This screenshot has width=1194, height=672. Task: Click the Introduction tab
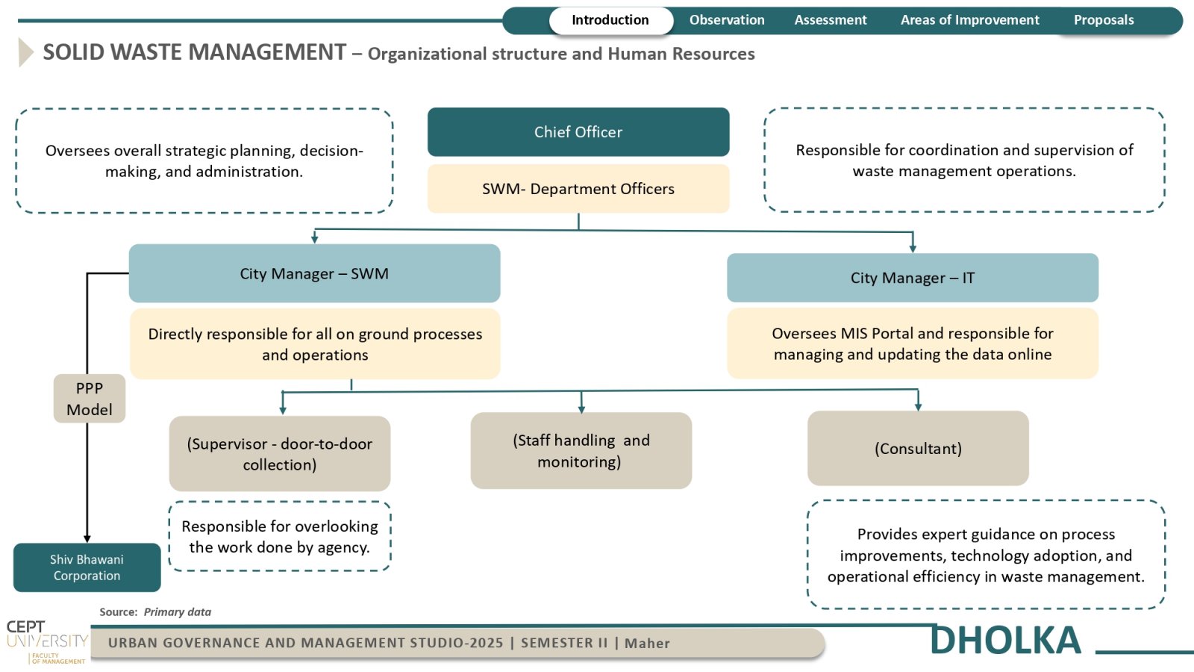click(611, 20)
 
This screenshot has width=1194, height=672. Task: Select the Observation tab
click(727, 20)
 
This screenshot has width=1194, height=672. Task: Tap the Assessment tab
click(831, 20)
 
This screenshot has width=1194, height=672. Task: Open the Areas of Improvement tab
click(969, 20)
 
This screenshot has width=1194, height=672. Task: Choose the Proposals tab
click(1104, 20)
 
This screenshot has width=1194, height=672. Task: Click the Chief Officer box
click(578, 131)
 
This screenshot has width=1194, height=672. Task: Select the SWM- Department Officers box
click(578, 189)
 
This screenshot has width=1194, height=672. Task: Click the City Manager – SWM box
click(314, 273)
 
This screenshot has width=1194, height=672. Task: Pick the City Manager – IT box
click(913, 277)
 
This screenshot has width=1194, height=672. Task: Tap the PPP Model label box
click(90, 399)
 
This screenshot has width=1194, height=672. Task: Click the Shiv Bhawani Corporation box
click(87, 567)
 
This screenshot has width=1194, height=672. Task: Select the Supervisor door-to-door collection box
click(280, 454)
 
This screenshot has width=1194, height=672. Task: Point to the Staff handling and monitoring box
click(581, 451)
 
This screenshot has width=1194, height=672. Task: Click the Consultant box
click(918, 448)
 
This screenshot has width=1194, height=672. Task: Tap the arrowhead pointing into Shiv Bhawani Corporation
click(87, 539)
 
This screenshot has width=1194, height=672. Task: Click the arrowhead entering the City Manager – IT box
click(913, 249)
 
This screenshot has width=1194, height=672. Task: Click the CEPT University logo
click(47, 642)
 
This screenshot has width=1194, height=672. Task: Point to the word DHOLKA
click(1005, 640)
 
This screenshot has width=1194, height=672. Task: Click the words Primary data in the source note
click(178, 612)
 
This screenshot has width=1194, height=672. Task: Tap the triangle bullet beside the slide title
click(25, 52)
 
